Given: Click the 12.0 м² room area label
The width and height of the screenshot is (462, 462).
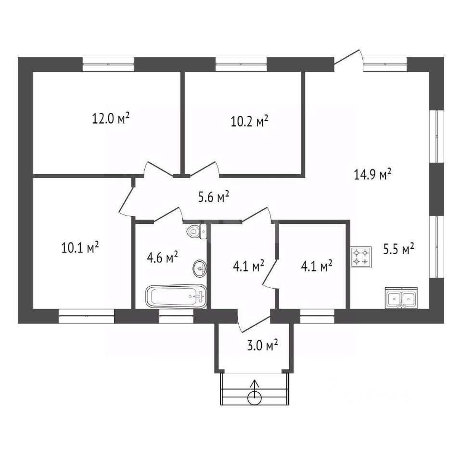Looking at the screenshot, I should tap(111, 118).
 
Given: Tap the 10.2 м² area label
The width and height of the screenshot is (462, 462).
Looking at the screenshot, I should tap(249, 122).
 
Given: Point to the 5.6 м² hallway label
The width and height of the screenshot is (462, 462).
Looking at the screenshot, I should tap(214, 196).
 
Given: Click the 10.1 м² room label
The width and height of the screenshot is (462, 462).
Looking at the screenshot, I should tap(80, 247).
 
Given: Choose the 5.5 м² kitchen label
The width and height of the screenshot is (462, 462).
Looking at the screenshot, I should tap(399, 249).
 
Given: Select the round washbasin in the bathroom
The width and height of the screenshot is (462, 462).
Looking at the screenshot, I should tap(200, 267).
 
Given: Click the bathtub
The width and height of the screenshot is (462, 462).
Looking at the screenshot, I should tap(177, 296).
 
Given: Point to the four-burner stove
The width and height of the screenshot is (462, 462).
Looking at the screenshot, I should tap(361, 257).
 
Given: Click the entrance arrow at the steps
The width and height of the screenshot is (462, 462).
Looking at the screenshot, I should tap(255, 393).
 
